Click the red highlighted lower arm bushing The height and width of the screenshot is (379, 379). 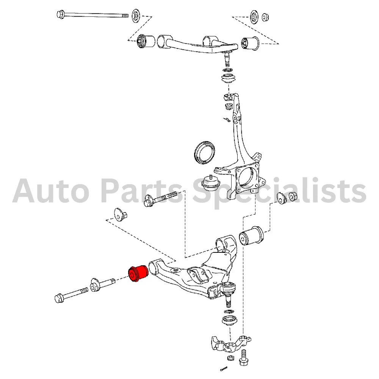[x=138, y=273]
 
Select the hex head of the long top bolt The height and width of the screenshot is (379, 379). [x=60, y=14]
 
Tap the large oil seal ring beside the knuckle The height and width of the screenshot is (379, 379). [x=205, y=152]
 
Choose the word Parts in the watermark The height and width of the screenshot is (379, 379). [x=141, y=191]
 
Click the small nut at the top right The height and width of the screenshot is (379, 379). [x=265, y=17]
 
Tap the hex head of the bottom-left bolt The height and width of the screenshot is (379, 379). [x=59, y=298]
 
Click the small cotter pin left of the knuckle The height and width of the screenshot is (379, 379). [x=227, y=119]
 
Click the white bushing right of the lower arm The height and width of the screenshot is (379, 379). [x=251, y=235]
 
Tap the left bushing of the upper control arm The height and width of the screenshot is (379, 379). [x=146, y=41]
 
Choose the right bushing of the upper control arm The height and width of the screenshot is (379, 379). [x=251, y=43]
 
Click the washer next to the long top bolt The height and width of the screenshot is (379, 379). [x=136, y=16]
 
